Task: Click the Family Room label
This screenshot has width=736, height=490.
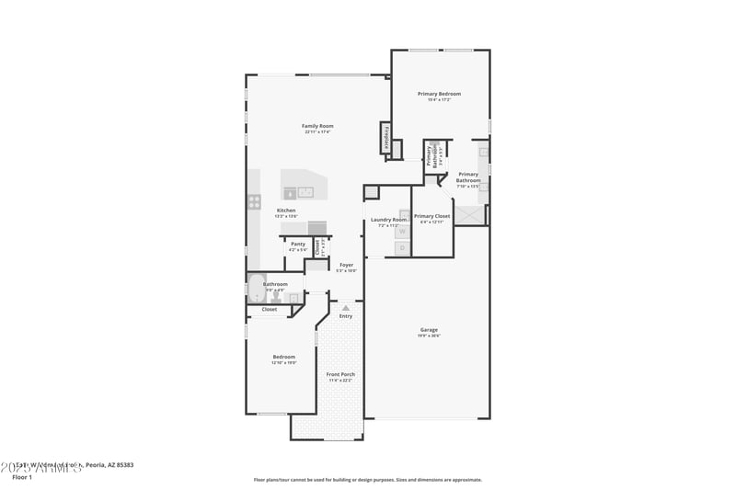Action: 317,126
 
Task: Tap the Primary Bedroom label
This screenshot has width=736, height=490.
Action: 439,94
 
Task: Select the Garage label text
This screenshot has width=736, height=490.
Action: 429,329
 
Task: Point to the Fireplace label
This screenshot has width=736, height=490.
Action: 385,138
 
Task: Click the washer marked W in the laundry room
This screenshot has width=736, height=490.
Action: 403,233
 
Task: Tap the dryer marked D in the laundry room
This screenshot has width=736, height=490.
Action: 403,247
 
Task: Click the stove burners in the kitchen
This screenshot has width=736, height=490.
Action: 254,201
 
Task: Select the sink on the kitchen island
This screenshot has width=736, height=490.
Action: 305,192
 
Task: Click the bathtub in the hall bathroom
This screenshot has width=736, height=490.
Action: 256,291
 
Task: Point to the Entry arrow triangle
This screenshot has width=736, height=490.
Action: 346,308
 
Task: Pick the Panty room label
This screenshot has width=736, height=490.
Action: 297,244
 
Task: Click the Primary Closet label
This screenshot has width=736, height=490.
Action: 431,216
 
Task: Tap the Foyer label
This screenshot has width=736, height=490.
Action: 346,265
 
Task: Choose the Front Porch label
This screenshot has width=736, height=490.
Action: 340,374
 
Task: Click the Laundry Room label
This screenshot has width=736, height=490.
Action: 387,220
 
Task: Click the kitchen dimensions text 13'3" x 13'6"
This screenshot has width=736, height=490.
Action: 287,216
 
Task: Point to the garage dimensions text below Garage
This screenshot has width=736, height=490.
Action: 429,336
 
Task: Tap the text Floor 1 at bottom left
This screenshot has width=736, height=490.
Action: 22,477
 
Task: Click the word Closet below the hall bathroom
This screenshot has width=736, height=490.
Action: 269,309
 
